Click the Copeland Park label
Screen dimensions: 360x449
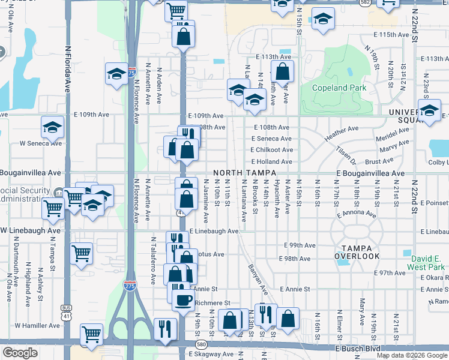(x=339, y=88)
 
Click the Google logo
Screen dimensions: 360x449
(x=20, y=353)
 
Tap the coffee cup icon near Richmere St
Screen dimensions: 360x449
(x=183, y=299)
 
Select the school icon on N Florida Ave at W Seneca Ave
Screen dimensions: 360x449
(x=52, y=127)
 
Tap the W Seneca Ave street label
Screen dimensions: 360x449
(x=41, y=143)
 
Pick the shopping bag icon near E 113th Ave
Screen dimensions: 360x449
(x=282, y=72)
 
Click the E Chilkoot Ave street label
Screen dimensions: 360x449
(x=272, y=150)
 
